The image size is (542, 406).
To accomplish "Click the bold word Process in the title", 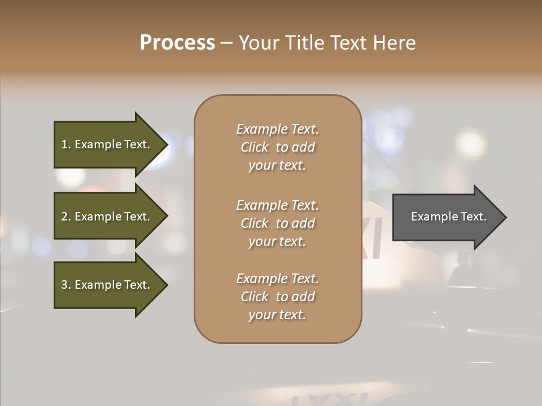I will pos(177,43).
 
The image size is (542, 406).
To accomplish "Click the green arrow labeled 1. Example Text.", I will pos(107,144).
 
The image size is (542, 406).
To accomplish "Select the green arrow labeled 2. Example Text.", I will pos(107,217).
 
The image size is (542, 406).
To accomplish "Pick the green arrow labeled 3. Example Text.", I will pos(107,285).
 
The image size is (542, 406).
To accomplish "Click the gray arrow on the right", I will pos(446,217).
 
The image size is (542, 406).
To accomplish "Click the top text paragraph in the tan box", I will pos(277,147).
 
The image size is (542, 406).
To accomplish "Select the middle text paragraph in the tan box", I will pos(277,223).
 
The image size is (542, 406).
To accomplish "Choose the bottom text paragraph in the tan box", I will pos(277,297).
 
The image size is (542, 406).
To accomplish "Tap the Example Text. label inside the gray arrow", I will pos(448,217).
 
